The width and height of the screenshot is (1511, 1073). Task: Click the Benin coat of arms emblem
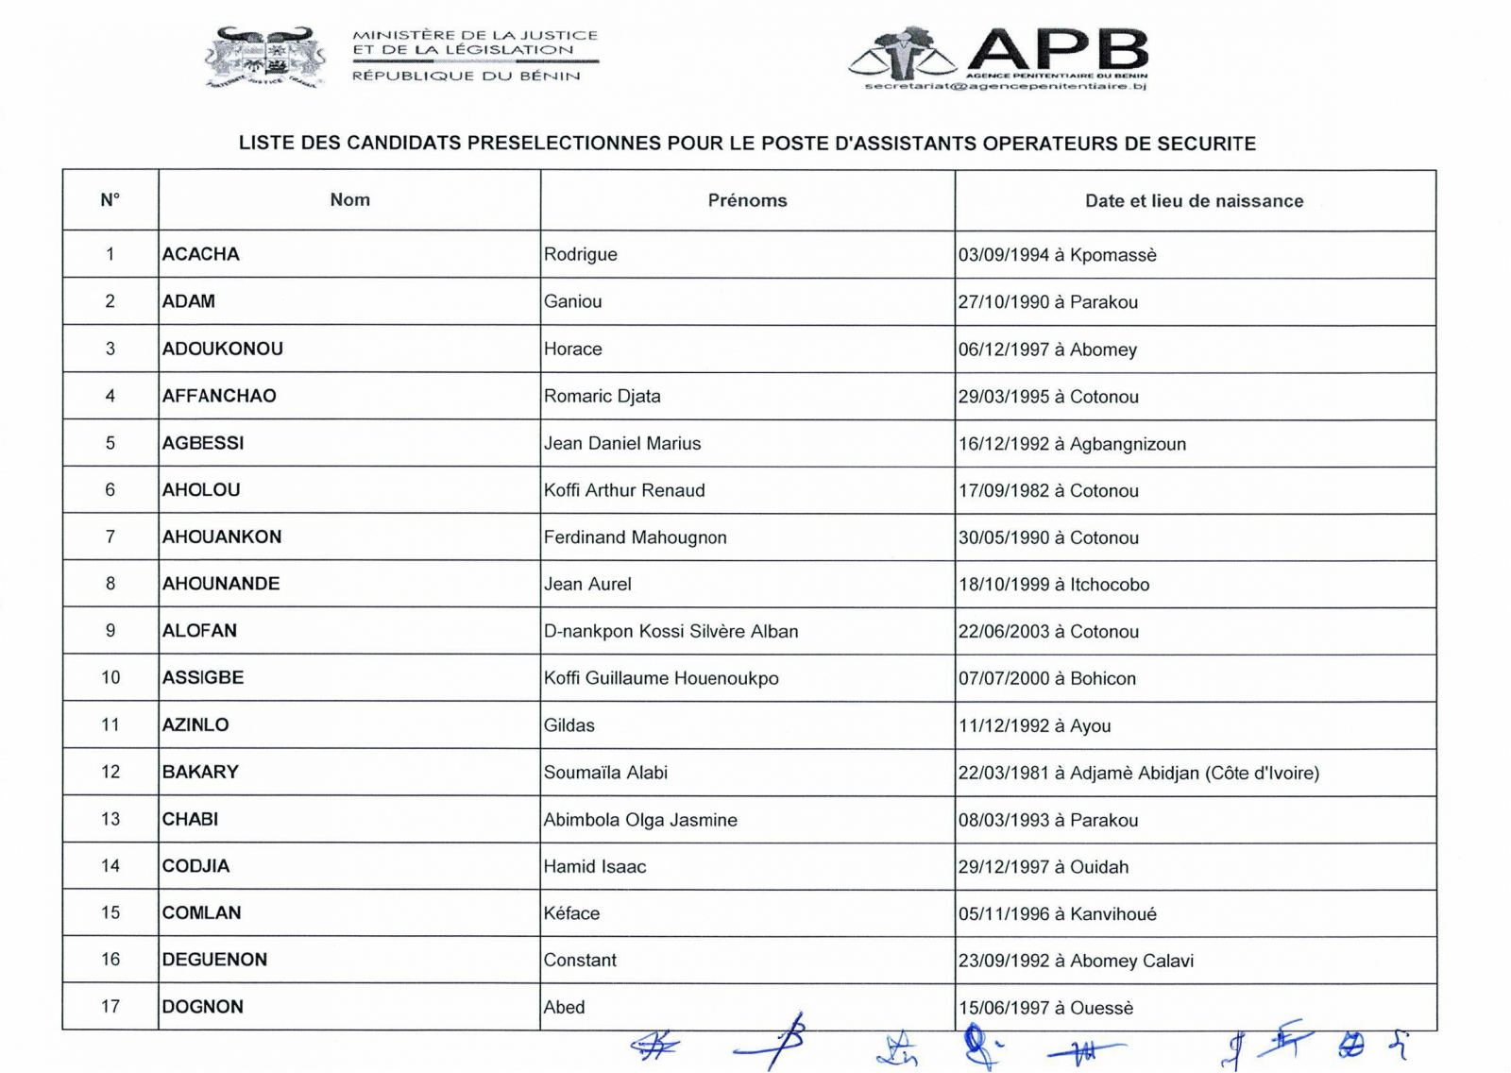265,59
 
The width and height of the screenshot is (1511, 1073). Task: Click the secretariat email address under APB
1005,86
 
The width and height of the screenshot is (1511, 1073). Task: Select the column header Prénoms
747,200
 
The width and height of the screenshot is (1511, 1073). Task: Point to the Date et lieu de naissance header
1194,200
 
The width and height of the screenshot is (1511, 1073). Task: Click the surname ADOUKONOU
222,349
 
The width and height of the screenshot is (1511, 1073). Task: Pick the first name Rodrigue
580,254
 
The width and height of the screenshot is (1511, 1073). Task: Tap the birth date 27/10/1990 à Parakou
1047,302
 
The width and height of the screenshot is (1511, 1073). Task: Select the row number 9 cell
110,631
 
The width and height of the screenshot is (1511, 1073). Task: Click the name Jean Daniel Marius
621,443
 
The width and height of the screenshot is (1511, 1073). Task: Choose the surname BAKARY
200,772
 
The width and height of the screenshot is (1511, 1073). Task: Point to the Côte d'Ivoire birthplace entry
1138,773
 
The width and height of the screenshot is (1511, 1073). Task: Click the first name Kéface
571,913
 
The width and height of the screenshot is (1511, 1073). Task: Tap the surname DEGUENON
214,960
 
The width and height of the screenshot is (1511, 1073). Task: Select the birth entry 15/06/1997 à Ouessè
1045,1008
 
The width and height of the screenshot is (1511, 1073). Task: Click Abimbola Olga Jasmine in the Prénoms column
639,820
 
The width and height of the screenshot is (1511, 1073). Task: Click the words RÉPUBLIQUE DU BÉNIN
466,76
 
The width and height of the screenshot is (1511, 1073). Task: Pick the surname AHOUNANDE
220,584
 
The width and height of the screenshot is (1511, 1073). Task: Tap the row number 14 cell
110,866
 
